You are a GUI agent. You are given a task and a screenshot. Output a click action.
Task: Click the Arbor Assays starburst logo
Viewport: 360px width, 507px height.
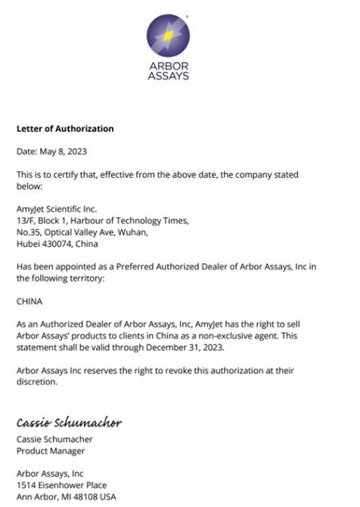pyautogui.click(x=168, y=36)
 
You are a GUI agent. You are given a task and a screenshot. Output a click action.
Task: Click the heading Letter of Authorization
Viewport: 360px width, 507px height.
pyautogui.click(x=65, y=129)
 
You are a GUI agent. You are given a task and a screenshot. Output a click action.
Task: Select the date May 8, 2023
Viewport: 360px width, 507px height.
pyautogui.click(x=64, y=151)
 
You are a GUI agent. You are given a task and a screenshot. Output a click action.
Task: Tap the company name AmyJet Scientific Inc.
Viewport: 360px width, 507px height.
pyautogui.click(x=57, y=208)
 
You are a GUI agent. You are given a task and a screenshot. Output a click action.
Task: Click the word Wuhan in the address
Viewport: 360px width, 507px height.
pyautogui.click(x=132, y=232)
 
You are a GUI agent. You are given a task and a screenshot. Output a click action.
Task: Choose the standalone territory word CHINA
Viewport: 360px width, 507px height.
pyautogui.click(x=29, y=300)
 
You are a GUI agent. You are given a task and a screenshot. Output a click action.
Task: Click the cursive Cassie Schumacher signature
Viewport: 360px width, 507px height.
pyautogui.click(x=69, y=422)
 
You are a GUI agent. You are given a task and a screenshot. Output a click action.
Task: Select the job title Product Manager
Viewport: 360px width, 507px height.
pyautogui.click(x=51, y=450)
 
